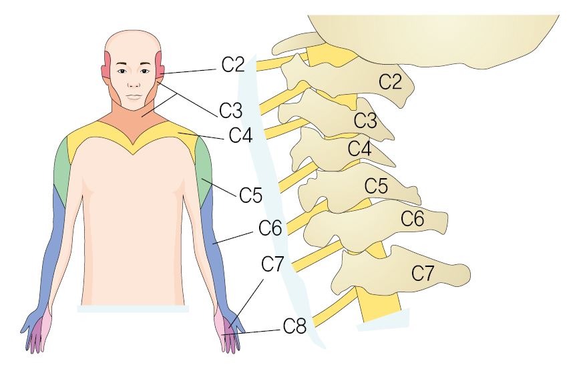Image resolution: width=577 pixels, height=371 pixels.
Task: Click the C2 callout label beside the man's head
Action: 233,65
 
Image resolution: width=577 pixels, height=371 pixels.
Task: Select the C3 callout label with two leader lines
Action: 230,110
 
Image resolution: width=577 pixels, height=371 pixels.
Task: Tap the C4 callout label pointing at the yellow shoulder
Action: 240,135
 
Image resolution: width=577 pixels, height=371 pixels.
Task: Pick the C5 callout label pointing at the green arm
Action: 250,195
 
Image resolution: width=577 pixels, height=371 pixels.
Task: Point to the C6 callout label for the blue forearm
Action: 270,228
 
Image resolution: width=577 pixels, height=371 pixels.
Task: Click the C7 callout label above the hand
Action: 272,264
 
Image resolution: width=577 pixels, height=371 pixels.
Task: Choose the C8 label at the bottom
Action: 295,326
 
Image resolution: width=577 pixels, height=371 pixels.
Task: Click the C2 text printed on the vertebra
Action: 391,81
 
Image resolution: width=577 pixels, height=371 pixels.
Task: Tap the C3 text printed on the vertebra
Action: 365,120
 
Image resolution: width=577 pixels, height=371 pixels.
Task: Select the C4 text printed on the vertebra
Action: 359,149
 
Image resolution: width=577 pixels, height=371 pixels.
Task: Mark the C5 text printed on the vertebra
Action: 376,185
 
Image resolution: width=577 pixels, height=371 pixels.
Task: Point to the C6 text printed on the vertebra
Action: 413,218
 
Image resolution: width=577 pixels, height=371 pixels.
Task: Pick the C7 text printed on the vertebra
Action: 423,273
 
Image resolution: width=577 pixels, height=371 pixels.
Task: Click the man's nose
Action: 134,83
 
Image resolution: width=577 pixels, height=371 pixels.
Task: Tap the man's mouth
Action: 134,97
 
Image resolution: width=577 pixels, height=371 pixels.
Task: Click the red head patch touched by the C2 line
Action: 160,65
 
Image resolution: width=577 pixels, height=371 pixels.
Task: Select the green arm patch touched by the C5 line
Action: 204,167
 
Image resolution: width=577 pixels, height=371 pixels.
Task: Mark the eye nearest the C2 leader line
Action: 145,71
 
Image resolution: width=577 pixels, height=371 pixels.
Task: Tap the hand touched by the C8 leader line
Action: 230,330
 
